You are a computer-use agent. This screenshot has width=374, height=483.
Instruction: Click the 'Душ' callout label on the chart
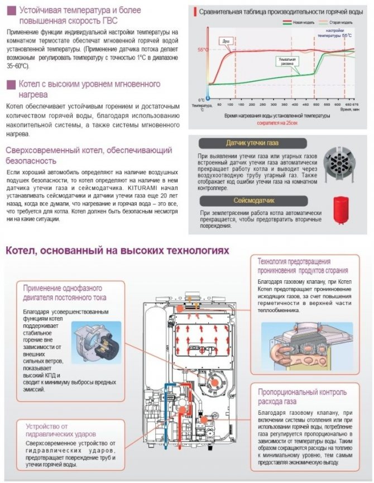click(226, 41)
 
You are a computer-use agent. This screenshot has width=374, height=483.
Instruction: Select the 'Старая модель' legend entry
click(334, 23)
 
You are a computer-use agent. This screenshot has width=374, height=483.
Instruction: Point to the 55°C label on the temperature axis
click(202, 50)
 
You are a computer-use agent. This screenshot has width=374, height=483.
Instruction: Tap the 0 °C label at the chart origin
click(202, 100)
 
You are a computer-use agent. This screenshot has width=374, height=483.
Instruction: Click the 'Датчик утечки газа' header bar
click(252, 142)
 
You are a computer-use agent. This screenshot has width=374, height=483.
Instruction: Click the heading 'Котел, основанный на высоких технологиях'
click(117, 251)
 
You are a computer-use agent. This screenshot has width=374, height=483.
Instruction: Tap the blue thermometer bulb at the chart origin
click(208, 96)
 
